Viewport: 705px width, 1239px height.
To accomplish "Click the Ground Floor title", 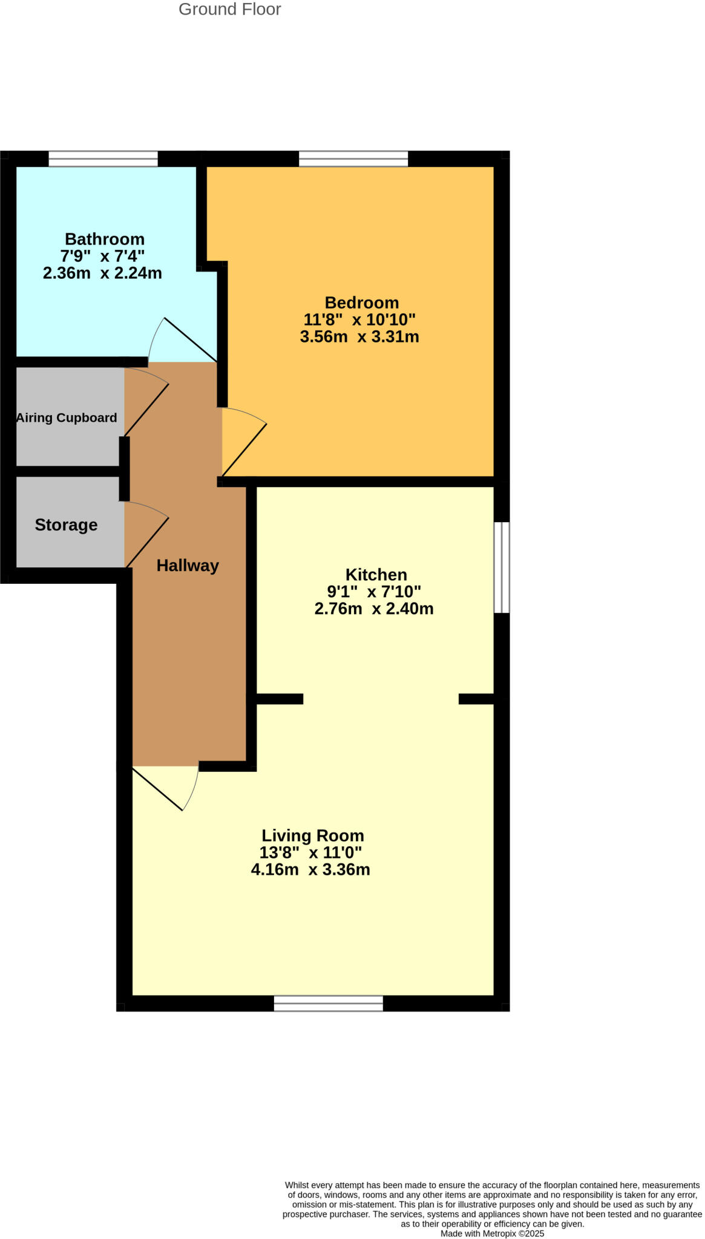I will click(229, 10).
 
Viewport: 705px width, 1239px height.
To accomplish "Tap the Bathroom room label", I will click(104, 239).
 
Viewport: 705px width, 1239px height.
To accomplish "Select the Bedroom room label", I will click(361, 302).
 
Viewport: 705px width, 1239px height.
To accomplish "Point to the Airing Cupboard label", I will click(67, 418).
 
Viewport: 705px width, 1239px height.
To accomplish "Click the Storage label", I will click(66, 525).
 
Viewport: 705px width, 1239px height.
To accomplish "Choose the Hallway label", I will click(188, 566).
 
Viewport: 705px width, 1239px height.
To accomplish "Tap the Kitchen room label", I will click(376, 575).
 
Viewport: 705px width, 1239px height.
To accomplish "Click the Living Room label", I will click(312, 836).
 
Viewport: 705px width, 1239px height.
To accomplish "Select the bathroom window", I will click(103, 159).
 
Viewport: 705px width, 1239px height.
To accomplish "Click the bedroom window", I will click(353, 159).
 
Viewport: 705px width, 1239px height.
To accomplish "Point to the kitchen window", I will click(502, 567).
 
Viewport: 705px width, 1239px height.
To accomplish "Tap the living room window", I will click(328, 1003).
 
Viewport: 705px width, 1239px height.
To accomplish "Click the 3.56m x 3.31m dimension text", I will click(359, 337).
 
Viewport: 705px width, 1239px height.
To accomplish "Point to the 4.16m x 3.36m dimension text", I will click(310, 870).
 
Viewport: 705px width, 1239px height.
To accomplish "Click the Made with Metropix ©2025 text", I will click(492, 1234).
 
